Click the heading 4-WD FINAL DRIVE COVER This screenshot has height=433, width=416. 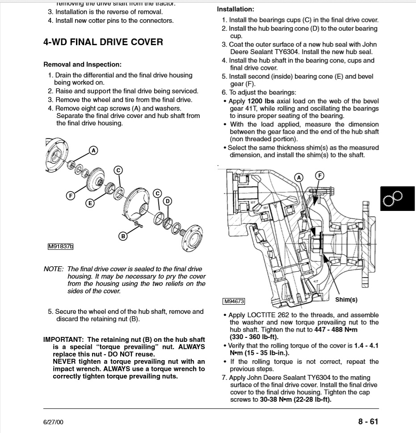[x=103, y=42]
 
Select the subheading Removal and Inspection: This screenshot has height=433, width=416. [x=82, y=64]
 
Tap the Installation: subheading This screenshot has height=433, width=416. [x=235, y=9]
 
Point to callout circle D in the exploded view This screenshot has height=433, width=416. [x=168, y=201]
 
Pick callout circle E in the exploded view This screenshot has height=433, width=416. [x=90, y=203]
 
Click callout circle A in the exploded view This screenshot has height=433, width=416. [x=93, y=150]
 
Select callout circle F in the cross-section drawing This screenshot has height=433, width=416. [x=319, y=175]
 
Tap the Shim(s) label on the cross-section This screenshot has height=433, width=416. [x=346, y=299]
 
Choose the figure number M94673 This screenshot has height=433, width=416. [x=234, y=301]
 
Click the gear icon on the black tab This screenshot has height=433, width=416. [x=393, y=198]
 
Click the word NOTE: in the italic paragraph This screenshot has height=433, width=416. [x=53, y=269]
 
